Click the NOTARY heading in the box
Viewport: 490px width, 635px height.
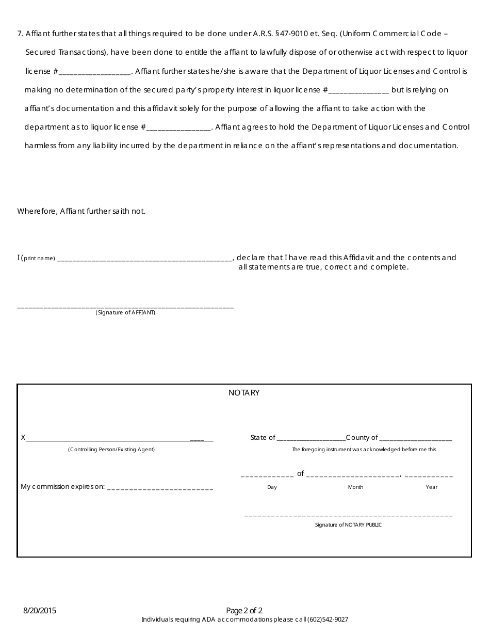click(x=244, y=393)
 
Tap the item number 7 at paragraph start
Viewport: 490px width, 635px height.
click(x=20, y=34)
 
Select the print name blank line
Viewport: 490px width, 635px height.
click(x=145, y=259)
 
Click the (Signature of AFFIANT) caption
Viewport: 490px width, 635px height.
click(x=125, y=313)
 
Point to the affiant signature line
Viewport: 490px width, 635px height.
click(x=125, y=307)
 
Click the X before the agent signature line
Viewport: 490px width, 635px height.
click(x=23, y=438)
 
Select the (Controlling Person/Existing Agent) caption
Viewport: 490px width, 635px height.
click(x=111, y=450)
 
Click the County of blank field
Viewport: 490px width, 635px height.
click(x=415, y=438)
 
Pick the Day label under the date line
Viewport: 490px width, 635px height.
click(x=272, y=487)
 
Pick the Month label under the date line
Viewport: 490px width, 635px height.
click(x=355, y=487)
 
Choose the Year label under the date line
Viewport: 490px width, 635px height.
click(x=432, y=487)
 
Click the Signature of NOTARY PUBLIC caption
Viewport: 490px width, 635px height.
click(x=348, y=525)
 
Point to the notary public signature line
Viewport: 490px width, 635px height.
click(x=348, y=516)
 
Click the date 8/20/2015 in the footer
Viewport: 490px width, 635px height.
click(x=40, y=611)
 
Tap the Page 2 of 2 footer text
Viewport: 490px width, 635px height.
click(x=244, y=611)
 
